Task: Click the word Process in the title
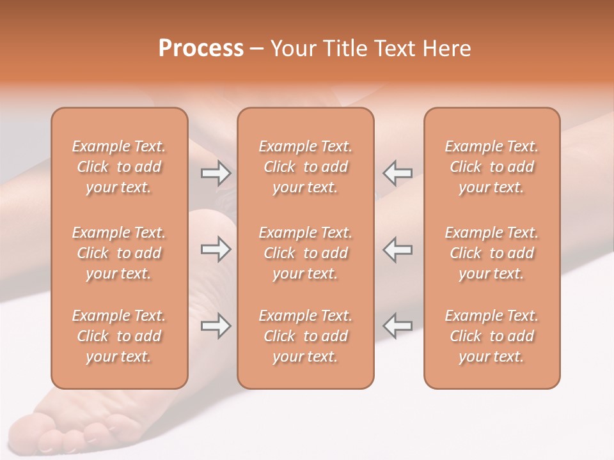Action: click(201, 49)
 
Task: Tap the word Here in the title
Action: click(445, 49)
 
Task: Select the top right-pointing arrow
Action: click(216, 172)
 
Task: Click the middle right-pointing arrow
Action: click(216, 249)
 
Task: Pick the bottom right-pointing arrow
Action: click(216, 326)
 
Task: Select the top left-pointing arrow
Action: click(397, 172)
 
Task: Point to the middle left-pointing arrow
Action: click(397, 249)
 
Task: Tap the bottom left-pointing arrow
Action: click(397, 326)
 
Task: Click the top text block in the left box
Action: click(119, 167)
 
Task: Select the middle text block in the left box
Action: click(119, 253)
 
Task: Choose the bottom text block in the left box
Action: click(119, 336)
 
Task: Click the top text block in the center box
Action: click(306, 167)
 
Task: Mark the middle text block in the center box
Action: click(306, 253)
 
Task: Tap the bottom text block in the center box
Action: click(306, 336)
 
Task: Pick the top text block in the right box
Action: click(492, 167)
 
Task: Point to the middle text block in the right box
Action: click(492, 253)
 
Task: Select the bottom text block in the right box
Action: click(492, 336)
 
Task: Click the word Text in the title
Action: click(391, 49)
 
